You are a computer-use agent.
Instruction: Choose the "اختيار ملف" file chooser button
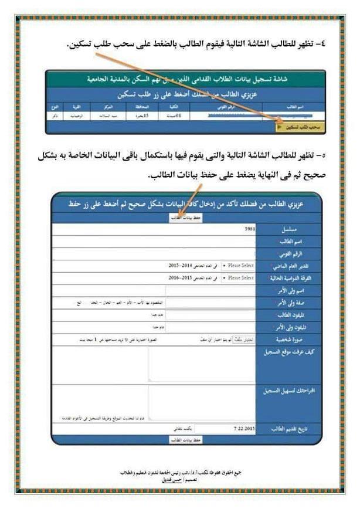235,339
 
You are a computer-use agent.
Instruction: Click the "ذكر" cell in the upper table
57,116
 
